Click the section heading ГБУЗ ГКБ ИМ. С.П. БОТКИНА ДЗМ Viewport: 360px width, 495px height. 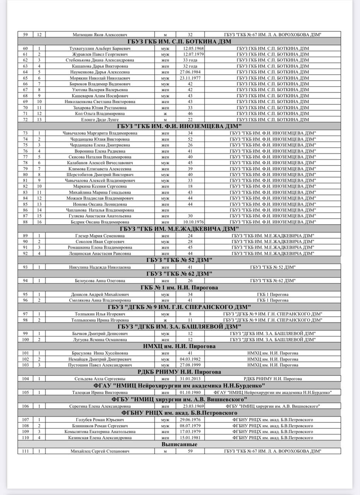pos(179,42)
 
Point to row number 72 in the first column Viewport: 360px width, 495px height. pos(26,120)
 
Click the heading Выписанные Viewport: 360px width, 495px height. pos(179,444)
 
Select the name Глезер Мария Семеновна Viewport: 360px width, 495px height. pos(100,236)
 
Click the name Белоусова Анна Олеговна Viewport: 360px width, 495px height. pos(100,280)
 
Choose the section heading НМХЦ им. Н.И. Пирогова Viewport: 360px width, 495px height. pos(179,346)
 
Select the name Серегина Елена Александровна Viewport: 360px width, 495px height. pos(100,406)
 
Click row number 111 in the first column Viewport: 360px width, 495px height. pos(26,451)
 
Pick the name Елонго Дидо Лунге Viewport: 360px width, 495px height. pos(100,120)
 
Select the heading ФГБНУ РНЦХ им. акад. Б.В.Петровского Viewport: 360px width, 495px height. pos(179,413)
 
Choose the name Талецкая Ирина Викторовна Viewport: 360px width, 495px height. pos(100,392)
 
